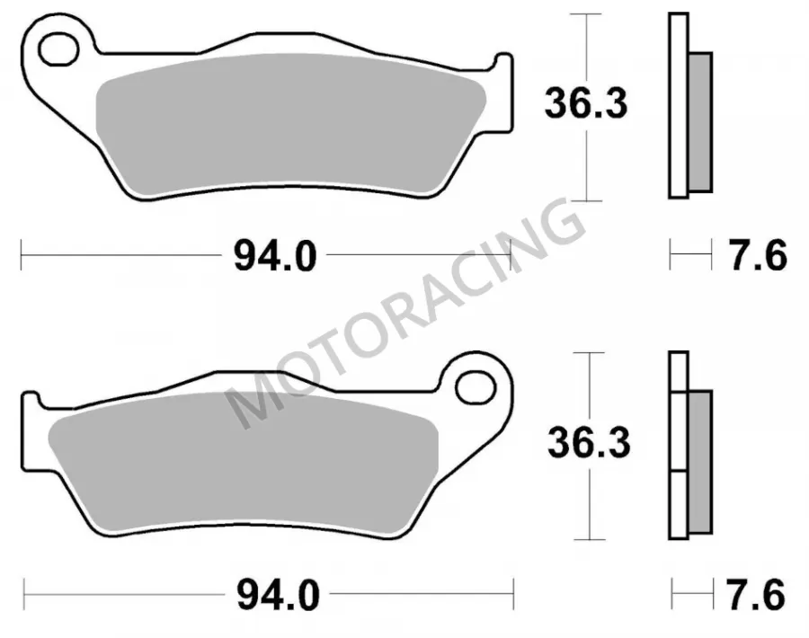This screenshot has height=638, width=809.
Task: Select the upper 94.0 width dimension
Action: [274, 258]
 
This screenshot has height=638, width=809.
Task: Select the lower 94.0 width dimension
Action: [277, 594]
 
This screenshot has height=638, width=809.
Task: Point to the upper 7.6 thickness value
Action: [757, 257]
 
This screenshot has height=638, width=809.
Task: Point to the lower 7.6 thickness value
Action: [757, 594]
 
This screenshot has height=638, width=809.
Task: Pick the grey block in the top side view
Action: [699, 121]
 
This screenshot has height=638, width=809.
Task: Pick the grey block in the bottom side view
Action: [698, 458]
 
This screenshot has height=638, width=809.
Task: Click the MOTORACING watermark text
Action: [404, 315]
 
